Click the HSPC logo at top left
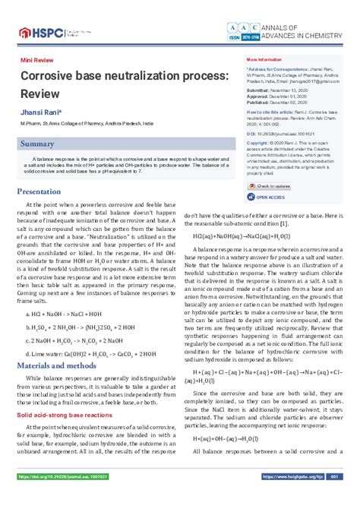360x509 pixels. (x=36, y=32)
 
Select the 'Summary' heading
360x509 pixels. (x=37, y=143)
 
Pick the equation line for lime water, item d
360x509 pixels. (x=81, y=353)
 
